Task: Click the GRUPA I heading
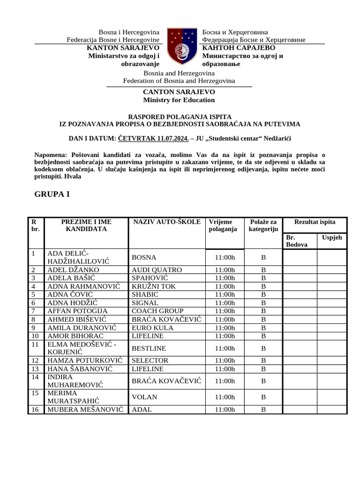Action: point(52,194)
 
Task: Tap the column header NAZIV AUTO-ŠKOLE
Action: point(166,222)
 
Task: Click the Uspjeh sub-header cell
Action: point(332,238)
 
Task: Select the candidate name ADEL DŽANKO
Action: point(73,270)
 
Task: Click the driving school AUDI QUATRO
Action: point(157,270)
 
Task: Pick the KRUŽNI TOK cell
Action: point(154,286)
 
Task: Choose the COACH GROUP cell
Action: point(157,311)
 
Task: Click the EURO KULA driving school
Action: point(152,328)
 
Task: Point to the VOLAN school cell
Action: point(144,397)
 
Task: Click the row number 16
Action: point(36,410)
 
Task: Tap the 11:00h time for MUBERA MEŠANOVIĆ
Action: point(225,410)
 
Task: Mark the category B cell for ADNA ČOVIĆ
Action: point(263,294)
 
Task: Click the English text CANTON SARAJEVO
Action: point(179,92)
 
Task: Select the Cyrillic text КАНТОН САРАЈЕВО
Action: point(239,48)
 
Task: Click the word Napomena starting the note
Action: point(51,155)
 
